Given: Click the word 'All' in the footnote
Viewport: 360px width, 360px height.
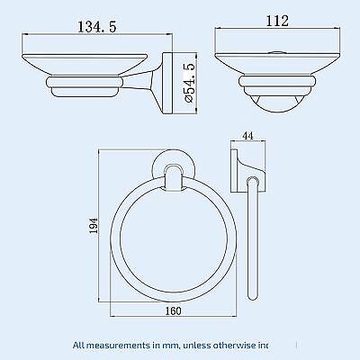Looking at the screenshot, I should (x=82, y=345).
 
